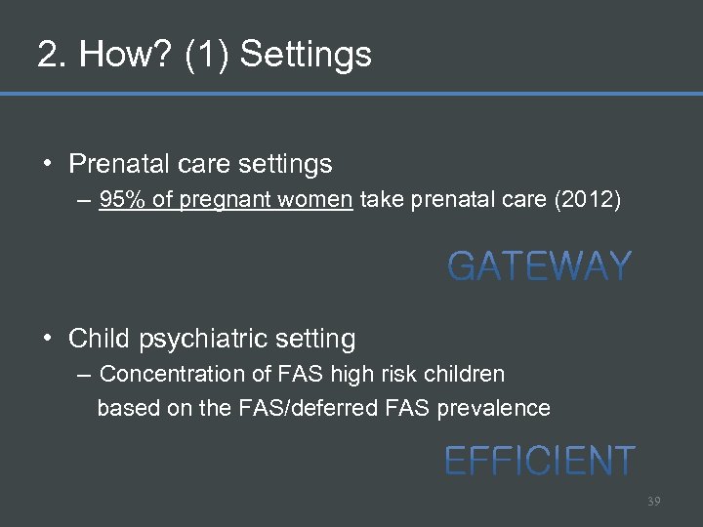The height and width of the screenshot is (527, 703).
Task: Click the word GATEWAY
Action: click(x=540, y=266)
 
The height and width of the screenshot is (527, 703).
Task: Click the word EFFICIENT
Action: click(x=540, y=461)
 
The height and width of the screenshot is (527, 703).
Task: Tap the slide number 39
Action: click(x=653, y=501)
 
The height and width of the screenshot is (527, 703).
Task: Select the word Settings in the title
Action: click(x=306, y=55)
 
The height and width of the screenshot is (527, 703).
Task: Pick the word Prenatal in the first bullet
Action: click(x=108, y=164)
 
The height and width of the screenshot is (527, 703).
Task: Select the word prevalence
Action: click(x=497, y=408)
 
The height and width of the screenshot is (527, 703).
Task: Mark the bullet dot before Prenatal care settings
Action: click(x=48, y=164)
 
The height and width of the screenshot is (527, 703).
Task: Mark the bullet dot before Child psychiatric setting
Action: click(x=48, y=340)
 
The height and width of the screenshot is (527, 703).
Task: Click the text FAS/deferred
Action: click(x=294, y=408)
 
